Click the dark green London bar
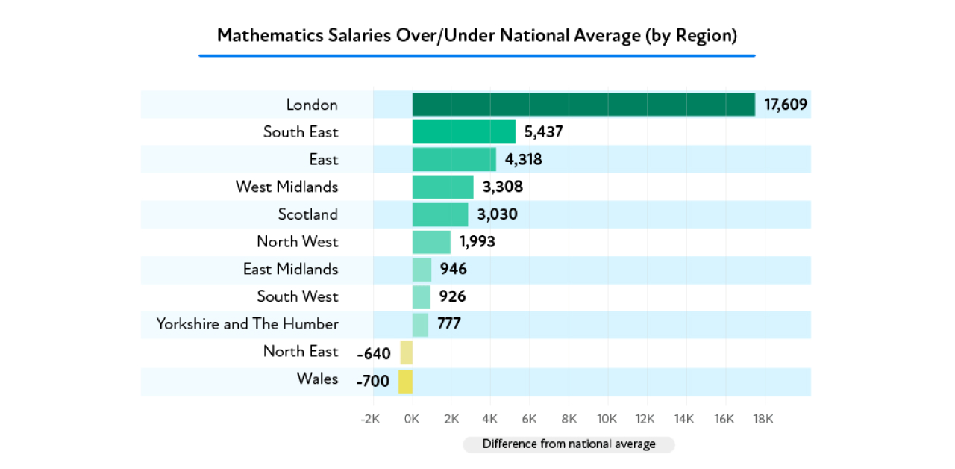click(x=583, y=105)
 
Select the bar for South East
click(x=463, y=132)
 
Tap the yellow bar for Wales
click(x=405, y=382)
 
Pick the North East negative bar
click(x=406, y=352)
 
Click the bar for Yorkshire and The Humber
click(x=420, y=324)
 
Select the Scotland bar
click(x=440, y=214)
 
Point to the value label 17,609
click(x=786, y=105)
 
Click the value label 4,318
click(x=523, y=160)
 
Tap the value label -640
click(x=374, y=353)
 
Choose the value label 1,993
click(x=477, y=242)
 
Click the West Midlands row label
click(x=286, y=187)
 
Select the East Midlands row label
click(x=290, y=269)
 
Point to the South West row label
click(x=297, y=296)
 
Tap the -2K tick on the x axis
click(x=370, y=420)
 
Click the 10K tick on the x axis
click(x=607, y=420)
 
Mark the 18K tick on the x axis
click(x=763, y=420)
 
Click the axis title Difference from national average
click(x=569, y=444)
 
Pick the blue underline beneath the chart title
click(x=477, y=55)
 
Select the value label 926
click(x=452, y=297)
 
